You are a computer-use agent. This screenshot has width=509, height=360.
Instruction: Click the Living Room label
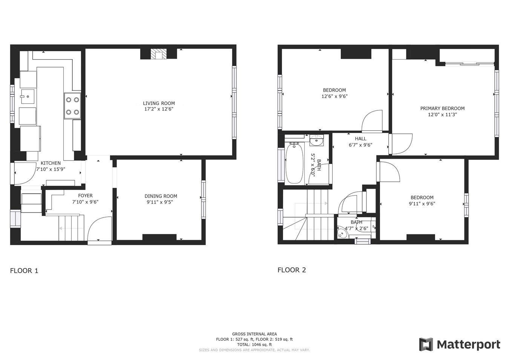[159, 103]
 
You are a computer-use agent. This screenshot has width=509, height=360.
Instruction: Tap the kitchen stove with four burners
[72, 106]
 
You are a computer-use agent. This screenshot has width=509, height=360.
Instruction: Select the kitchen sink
[28, 97]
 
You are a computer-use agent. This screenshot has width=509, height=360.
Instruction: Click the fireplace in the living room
[158, 54]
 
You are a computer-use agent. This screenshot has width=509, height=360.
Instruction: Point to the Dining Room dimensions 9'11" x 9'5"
[161, 202]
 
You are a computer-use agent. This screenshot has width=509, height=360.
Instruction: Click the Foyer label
[85, 196]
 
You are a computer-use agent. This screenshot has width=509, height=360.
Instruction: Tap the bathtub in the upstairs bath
[294, 164]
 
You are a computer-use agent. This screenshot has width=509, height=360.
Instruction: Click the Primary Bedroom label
[442, 109]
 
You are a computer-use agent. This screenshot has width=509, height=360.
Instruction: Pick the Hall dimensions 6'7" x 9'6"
[360, 145]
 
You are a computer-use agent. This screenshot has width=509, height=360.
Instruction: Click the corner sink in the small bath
[342, 233]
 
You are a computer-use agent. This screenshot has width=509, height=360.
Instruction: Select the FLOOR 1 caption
[24, 271]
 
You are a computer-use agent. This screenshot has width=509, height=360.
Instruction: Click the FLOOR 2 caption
[292, 270]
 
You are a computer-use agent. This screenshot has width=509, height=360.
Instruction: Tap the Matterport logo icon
[426, 345]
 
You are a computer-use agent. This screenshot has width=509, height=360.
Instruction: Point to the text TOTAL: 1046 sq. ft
[255, 345]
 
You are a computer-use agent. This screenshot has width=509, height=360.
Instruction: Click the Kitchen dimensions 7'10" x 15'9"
[51, 169]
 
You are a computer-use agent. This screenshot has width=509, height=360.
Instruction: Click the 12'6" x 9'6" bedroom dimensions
[334, 96]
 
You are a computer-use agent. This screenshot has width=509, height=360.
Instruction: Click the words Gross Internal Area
[255, 334]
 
